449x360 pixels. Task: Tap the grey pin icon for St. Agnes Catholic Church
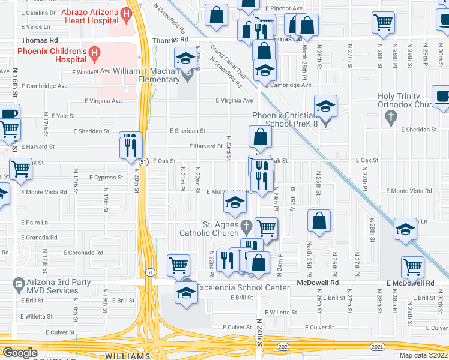point(246,227)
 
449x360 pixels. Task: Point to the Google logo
point(20,353)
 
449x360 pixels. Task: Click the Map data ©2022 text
point(423,355)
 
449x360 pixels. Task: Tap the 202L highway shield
point(378,346)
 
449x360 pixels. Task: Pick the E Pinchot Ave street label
point(285,9)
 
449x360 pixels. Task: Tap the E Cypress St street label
point(106,178)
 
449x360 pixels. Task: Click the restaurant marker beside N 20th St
point(131,145)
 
